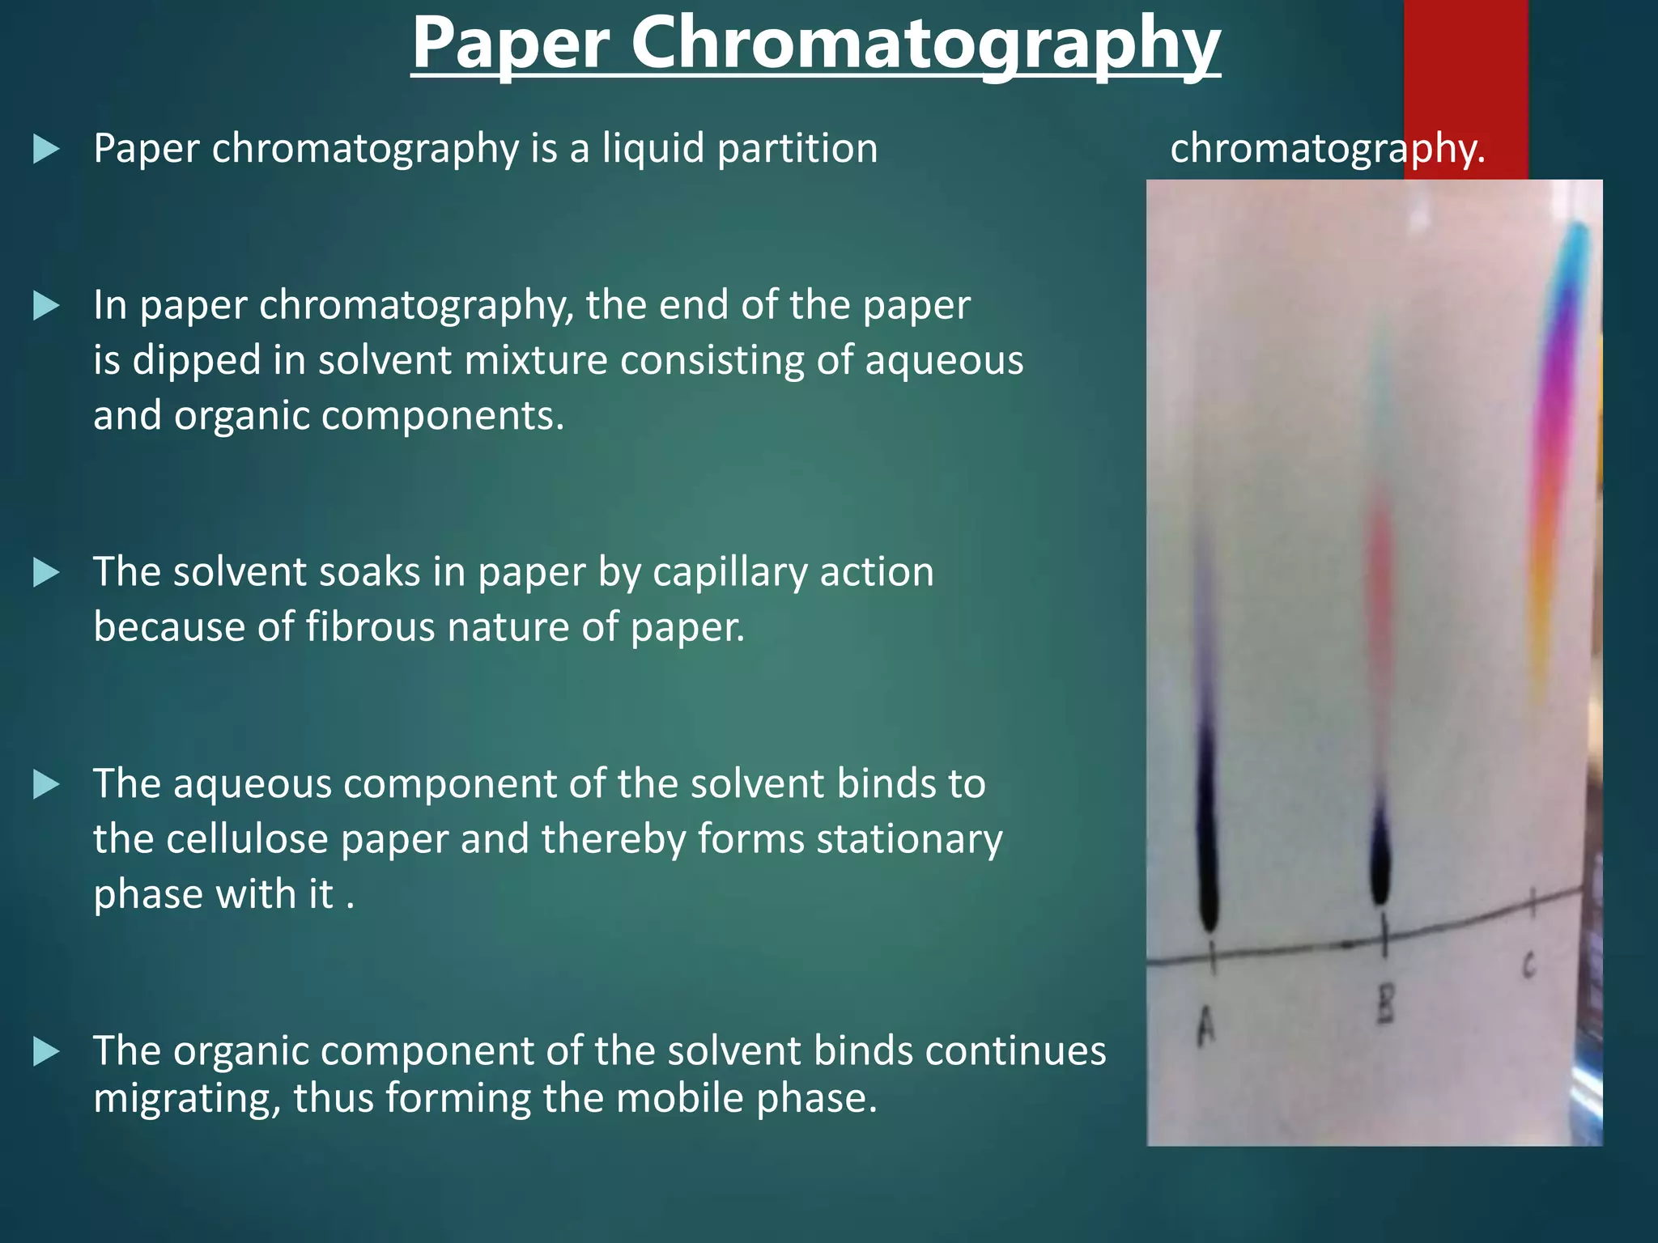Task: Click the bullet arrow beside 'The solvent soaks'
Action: tap(46, 573)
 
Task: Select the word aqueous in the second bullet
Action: tap(943, 360)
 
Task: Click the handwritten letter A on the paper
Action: tap(1206, 1027)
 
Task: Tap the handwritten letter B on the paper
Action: tap(1385, 1006)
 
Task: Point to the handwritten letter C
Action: tap(1528, 965)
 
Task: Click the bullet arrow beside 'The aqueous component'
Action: tap(46, 784)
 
